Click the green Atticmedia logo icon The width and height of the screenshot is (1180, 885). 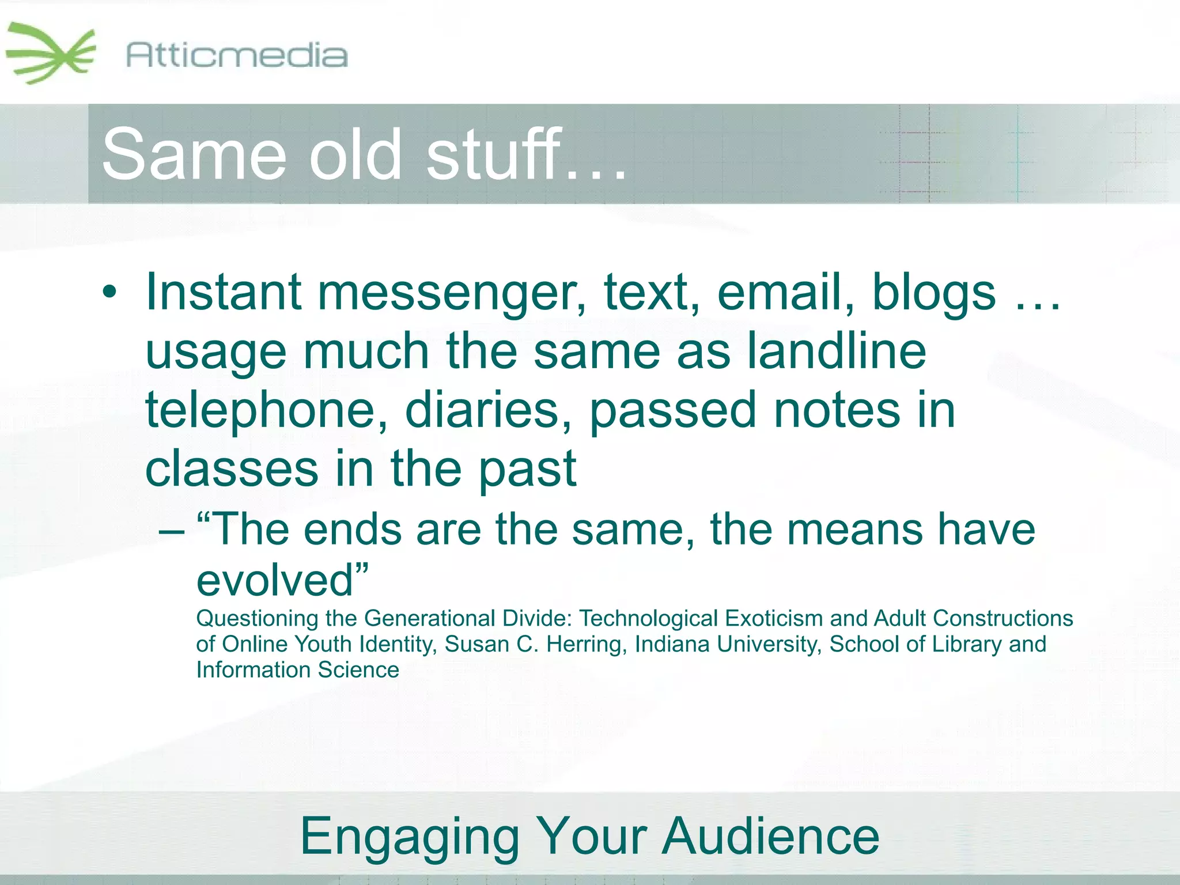click(x=51, y=53)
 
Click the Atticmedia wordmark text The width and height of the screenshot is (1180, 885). click(x=236, y=56)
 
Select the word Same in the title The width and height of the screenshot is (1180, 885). click(x=194, y=154)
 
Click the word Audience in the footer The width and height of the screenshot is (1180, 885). click(x=770, y=836)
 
